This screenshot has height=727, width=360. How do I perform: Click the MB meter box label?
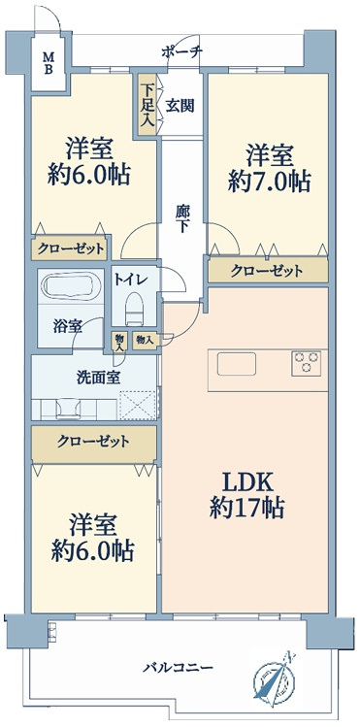(x=49, y=63)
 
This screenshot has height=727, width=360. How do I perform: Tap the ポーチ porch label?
(x=181, y=52)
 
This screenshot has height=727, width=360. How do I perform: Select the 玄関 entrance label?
(x=180, y=106)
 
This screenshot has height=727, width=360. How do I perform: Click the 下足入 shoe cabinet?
(x=147, y=104)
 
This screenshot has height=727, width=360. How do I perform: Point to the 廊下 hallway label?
(x=181, y=218)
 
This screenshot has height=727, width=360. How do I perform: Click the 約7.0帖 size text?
(x=269, y=182)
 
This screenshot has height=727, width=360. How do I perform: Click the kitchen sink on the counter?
(x=237, y=364)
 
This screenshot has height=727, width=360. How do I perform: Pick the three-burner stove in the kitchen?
(x=306, y=363)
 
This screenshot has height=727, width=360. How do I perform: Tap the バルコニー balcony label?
(x=178, y=668)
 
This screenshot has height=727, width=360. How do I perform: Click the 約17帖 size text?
(x=246, y=509)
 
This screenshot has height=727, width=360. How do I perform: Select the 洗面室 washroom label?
(x=99, y=378)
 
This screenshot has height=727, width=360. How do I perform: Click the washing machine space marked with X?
(x=138, y=406)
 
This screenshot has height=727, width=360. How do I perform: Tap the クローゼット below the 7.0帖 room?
(x=268, y=270)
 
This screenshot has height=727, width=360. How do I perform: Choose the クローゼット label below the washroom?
(x=93, y=442)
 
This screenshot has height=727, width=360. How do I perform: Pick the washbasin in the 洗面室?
(x=69, y=409)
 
